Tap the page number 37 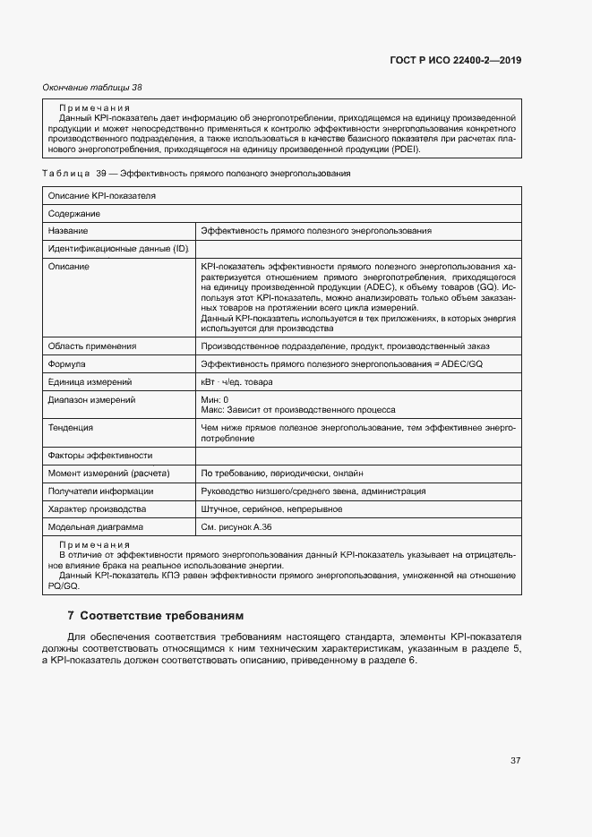coord(516,761)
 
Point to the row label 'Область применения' coord(92,346)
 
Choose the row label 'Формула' coord(67,364)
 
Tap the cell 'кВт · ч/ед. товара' coord(237,382)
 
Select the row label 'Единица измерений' coord(90,382)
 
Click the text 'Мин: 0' coord(215,399)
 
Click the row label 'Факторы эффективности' coord(100,456)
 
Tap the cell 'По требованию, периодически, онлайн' coord(282,474)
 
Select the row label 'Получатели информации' coord(100,491)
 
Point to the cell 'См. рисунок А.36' coord(237,527)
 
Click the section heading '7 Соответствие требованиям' coord(155,616)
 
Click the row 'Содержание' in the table coord(74,214)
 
